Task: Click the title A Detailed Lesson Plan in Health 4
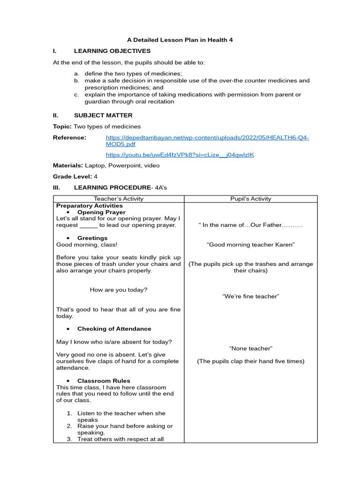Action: point(180,40)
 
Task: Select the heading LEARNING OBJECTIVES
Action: point(112,51)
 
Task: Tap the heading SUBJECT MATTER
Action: point(103,115)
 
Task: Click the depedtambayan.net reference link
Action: point(207,141)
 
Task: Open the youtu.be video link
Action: point(180,155)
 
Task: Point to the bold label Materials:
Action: point(67,165)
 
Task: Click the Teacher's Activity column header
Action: point(119,199)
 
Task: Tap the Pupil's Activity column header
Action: point(251,199)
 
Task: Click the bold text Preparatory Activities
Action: point(90,206)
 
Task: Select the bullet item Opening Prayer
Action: point(101,212)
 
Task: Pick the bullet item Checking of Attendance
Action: point(114,329)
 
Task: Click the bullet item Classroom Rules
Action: point(104,381)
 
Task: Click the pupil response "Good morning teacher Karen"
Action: point(251,245)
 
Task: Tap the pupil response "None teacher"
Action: point(251,348)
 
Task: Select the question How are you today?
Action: point(119,290)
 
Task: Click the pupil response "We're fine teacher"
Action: point(251,296)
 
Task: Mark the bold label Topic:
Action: point(62,127)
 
